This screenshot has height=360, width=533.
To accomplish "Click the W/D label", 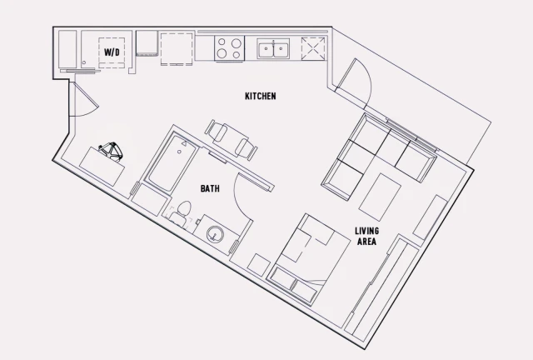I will coord(111,52).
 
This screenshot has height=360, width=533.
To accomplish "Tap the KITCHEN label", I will coord(260,97).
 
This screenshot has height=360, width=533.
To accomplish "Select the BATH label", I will coord(210,188).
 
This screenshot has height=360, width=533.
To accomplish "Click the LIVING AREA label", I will coord(366,236).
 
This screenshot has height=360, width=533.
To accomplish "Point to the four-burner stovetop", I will coord(229,47).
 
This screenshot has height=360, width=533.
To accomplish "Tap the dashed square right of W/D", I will coord(177,49).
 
